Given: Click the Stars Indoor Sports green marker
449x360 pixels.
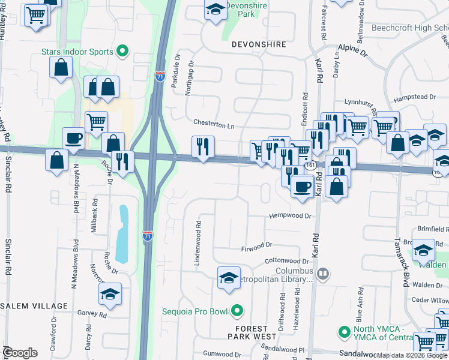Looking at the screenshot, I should click(122, 52).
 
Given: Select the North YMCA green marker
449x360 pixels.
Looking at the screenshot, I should click(344, 331).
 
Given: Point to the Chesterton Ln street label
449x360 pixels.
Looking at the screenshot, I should click(213, 125).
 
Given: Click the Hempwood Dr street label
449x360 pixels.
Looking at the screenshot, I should click(291, 216).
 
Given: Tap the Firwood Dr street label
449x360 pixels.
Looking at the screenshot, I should click(256, 245).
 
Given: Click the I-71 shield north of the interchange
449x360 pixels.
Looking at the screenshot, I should click(160, 76).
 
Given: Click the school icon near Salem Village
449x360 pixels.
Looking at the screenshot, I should click(110, 294).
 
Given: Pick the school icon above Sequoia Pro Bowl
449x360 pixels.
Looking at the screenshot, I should click(228, 278).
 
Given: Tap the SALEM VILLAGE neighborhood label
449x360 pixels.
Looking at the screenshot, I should click(34, 306).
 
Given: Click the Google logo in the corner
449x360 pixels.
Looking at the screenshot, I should click(20, 353).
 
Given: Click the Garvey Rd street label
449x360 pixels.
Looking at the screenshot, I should click(91, 314).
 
